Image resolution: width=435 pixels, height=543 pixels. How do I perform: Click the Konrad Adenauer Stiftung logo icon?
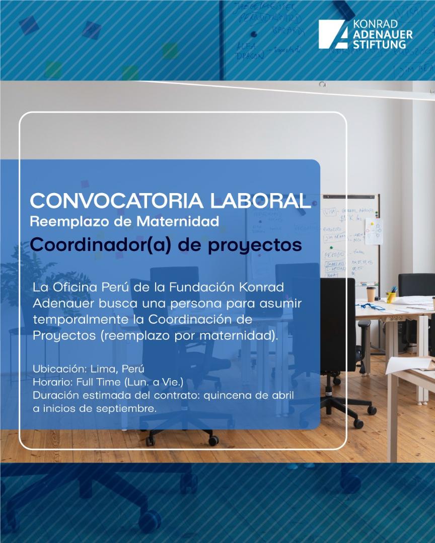pyautogui.click(x=333, y=35)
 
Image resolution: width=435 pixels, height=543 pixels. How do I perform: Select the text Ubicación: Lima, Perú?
pyautogui.click(x=88, y=369)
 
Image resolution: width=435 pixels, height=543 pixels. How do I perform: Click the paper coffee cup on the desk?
pyautogui.click(x=371, y=294)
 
